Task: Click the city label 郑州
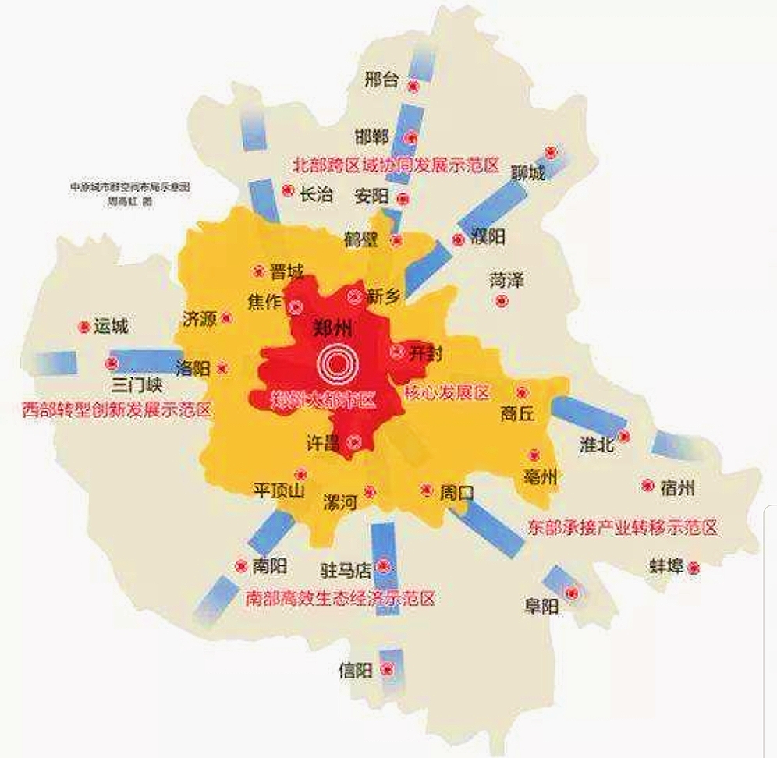[332, 326]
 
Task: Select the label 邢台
[382, 80]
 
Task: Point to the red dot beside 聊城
[551, 152]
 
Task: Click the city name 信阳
[356, 669]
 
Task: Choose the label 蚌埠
[665, 566]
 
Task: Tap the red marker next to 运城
[84, 327]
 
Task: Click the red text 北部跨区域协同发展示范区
[396, 165]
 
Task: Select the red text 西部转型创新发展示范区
[117, 409]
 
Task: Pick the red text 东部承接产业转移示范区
[622, 527]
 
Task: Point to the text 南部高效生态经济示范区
[339, 599]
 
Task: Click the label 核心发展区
[446, 392]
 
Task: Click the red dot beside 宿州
[647, 485]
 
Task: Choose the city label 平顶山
[279, 491]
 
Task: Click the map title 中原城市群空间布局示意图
[130, 188]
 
